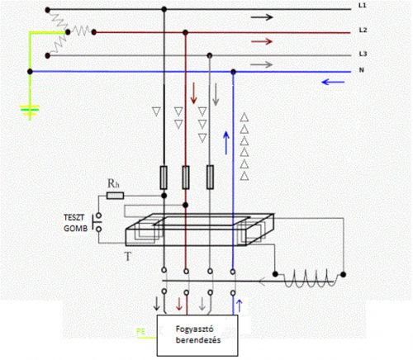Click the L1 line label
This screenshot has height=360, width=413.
point(363,5)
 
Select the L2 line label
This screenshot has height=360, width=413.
point(363,30)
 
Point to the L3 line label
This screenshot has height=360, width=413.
point(363,54)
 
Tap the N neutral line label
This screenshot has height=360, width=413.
point(362,70)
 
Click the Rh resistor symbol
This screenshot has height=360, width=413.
point(115,196)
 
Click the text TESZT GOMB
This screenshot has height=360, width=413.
point(75,223)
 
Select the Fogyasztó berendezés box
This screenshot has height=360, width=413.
point(197,335)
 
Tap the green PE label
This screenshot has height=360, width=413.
point(140,331)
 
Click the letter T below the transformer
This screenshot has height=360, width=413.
point(128,257)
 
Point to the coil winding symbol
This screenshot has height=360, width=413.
point(309,278)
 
